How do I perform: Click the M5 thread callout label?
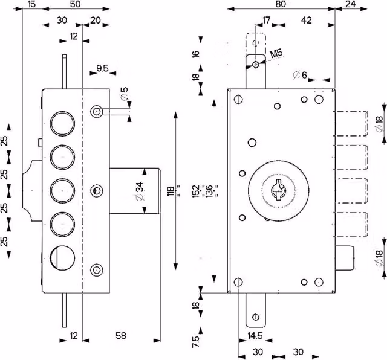point(276,54)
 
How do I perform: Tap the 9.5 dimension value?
point(102,68)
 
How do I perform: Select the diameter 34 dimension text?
point(139,191)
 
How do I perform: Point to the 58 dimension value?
point(121,336)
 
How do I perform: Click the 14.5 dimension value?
point(255,336)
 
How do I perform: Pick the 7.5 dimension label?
point(196,341)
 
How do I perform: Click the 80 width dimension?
point(281,4)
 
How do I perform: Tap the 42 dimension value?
point(307,20)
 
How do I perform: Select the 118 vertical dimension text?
point(171,191)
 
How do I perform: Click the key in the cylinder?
point(278,190)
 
